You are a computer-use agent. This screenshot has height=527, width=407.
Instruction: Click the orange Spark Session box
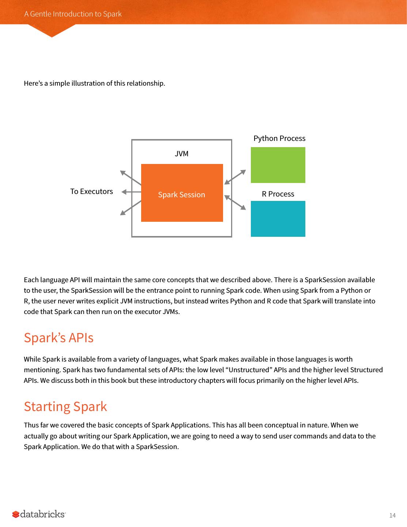(x=182, y=193)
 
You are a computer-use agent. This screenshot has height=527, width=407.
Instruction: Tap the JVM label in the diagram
(x=181, y=154)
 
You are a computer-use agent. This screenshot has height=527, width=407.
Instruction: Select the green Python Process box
(x=278, y=165)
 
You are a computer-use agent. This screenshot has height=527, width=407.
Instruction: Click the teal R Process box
(x=278, y=219)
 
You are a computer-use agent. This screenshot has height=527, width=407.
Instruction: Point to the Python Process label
(x=279, y=138)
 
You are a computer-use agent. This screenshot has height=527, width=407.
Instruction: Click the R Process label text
(x=278, y=194)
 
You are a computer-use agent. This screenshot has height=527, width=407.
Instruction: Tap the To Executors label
(x=91, y=191)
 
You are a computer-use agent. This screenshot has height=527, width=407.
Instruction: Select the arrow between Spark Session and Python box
(x=235, y=177)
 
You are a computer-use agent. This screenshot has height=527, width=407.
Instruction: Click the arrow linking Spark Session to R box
(x=235, y=202)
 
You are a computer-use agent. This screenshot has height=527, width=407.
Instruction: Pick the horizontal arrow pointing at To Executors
(x=131, y=192)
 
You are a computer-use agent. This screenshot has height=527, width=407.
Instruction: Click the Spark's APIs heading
(x=59, y=337)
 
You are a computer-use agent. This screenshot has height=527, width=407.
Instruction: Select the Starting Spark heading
(x=65, y=407)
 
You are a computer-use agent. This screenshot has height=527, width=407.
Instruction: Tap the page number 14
(x=392, y=516)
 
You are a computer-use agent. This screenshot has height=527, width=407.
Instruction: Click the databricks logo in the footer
(x=39, y=514)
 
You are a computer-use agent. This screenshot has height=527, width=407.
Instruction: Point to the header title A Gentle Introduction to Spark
(x=73, y=14)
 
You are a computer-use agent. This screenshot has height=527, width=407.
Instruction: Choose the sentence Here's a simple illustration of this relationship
(x=94, y=83)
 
